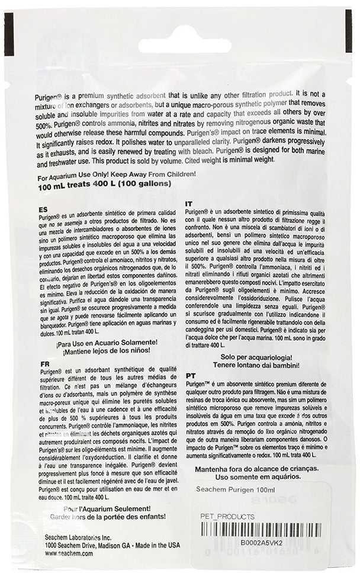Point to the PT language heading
(190, 375)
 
